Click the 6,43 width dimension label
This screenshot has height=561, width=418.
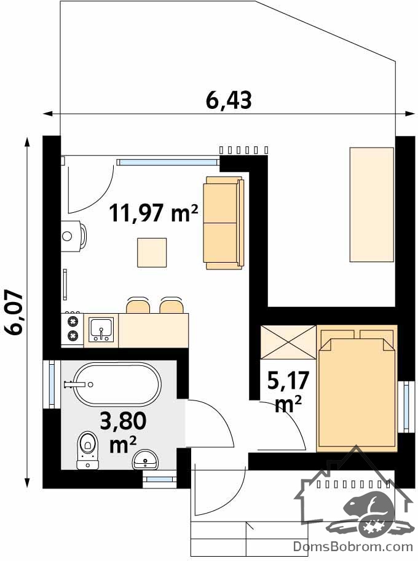(229, 100)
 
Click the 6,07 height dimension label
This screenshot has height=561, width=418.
(14, 312)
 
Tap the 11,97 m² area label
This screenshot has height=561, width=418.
(154, 213)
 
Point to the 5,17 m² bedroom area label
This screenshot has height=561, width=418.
(288, 392)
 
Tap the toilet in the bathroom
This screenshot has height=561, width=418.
(88, 450)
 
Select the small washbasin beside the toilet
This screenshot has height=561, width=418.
(145, 460)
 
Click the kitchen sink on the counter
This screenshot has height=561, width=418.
(101, 330)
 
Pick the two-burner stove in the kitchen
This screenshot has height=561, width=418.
(73, 329)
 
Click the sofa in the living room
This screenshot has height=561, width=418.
(224, 223)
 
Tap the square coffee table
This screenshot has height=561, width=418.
(152, 253)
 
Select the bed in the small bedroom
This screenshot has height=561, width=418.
(357, 389)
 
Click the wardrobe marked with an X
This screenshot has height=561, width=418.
(288, 342)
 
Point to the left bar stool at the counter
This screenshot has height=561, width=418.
(138, 305)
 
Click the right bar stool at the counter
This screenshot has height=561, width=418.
(172, 305)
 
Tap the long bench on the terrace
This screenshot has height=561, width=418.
(372, 205)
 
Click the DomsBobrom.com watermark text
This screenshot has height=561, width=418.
(353, 547)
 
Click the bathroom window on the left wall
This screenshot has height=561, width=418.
(52, 384)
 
